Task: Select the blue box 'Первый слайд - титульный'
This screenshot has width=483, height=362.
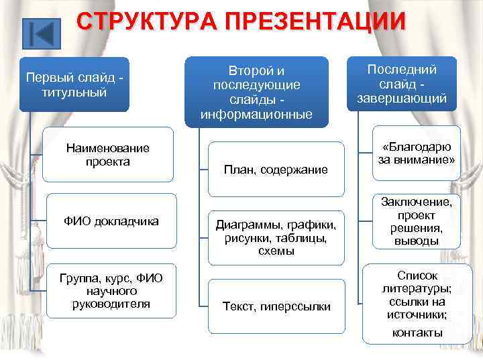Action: (74, 84)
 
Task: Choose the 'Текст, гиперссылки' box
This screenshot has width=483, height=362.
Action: (275, 306)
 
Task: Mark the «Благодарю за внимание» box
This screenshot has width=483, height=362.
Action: (417, 154)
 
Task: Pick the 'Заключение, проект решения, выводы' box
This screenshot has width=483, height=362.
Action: (417, 221)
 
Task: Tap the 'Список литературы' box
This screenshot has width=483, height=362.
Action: (417, 302)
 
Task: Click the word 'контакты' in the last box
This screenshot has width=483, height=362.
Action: (417, 333)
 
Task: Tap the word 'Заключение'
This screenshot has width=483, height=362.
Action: (417, 201)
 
